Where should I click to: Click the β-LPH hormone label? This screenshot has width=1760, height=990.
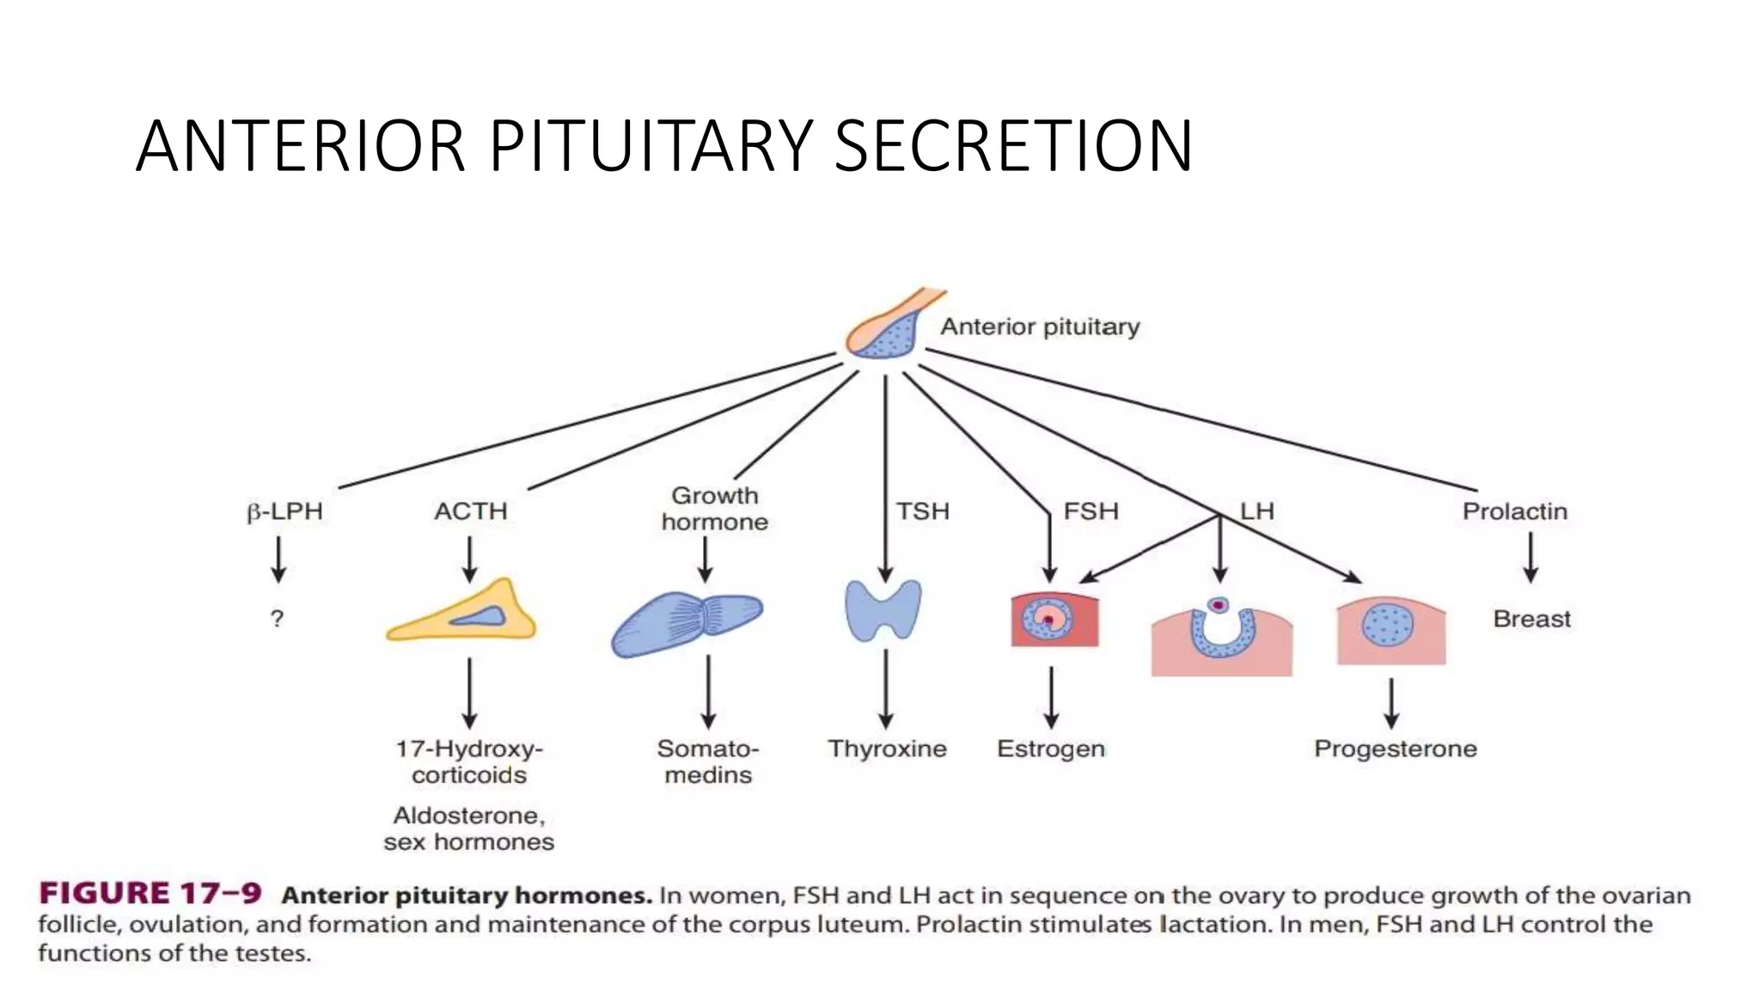click(284, 512)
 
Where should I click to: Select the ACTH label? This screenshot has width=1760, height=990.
click(471, 511)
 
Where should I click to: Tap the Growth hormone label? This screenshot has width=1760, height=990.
click(714, 509)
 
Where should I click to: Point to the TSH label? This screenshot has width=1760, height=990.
click(923, 511)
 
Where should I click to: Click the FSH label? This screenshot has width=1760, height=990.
click(1091, 511)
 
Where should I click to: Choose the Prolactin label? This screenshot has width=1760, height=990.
click(1514, 511)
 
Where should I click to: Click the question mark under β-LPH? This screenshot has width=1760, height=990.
click(277, 619)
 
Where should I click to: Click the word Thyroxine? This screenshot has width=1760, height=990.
click(887, 749)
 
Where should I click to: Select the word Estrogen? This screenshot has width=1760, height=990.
click(1050, 749)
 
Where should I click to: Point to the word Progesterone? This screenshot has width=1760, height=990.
click(1395, 749)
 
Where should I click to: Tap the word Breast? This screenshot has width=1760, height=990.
click(1531, 619)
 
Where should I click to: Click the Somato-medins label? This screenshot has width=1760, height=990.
click(708, 761)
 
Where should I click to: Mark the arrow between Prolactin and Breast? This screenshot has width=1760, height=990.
click(1531, 558)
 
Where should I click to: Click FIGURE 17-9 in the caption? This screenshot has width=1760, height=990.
click(150, 894)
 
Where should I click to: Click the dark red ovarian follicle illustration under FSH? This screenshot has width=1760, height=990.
click(1054, 620)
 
